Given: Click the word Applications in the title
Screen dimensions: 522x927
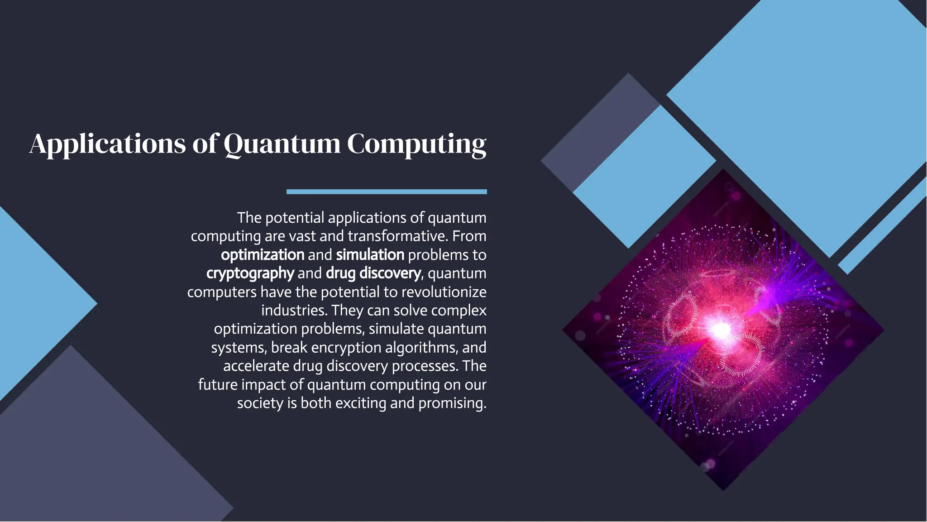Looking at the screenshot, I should click(108, 144).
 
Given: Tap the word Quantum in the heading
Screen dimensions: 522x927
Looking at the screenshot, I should click(282, 144).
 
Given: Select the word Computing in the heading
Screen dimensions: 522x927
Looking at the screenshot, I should click(416, 144).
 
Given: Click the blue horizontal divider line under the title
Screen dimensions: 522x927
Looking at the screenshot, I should click(387, 192).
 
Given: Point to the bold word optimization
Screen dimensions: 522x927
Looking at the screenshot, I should click(263, 255).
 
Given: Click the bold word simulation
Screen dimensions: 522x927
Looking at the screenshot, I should click(370, 255).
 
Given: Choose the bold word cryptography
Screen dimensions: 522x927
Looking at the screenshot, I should click(250, 273).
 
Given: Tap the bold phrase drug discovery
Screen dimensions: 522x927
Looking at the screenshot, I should click(373, 273).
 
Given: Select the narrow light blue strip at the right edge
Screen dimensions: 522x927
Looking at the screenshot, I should click(883, 226).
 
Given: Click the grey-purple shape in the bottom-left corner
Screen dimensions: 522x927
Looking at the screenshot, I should click(91, 453).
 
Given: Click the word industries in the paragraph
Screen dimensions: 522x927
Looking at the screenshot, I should click(294, 311).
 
